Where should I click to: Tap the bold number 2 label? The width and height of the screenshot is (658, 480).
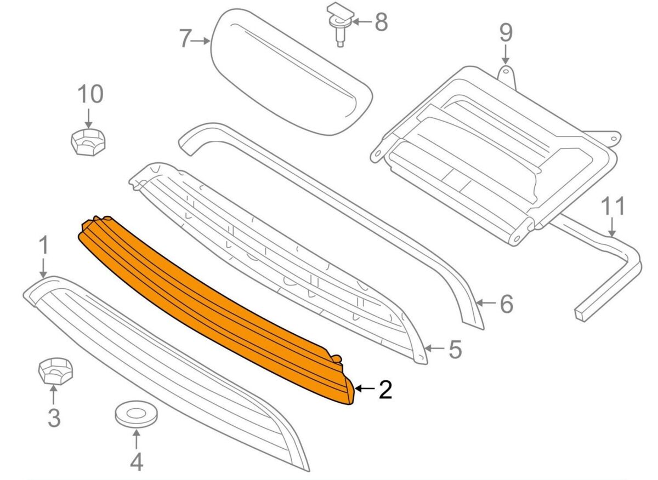coord(385,390)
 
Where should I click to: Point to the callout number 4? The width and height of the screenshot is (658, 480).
coord(137,462)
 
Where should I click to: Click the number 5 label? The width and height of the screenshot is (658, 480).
coord(455,349)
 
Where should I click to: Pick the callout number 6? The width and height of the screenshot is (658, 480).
coord(506,304)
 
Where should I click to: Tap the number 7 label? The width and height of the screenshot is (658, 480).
coord(186,38)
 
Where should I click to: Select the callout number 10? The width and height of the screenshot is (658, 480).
coord(90,94)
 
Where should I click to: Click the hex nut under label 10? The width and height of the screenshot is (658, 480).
coord(88,142)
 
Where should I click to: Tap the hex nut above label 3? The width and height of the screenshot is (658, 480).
coord(55,371)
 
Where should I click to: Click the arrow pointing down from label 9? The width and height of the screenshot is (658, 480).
coord(505,55)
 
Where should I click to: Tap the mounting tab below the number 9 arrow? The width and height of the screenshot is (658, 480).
coord(507,76)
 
